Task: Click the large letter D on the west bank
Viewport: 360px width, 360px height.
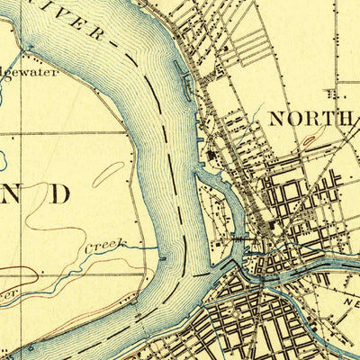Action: coord(59,193)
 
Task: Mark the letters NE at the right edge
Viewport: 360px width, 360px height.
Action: coord(346,305)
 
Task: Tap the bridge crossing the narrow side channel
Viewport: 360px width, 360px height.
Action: coord(238,236)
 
